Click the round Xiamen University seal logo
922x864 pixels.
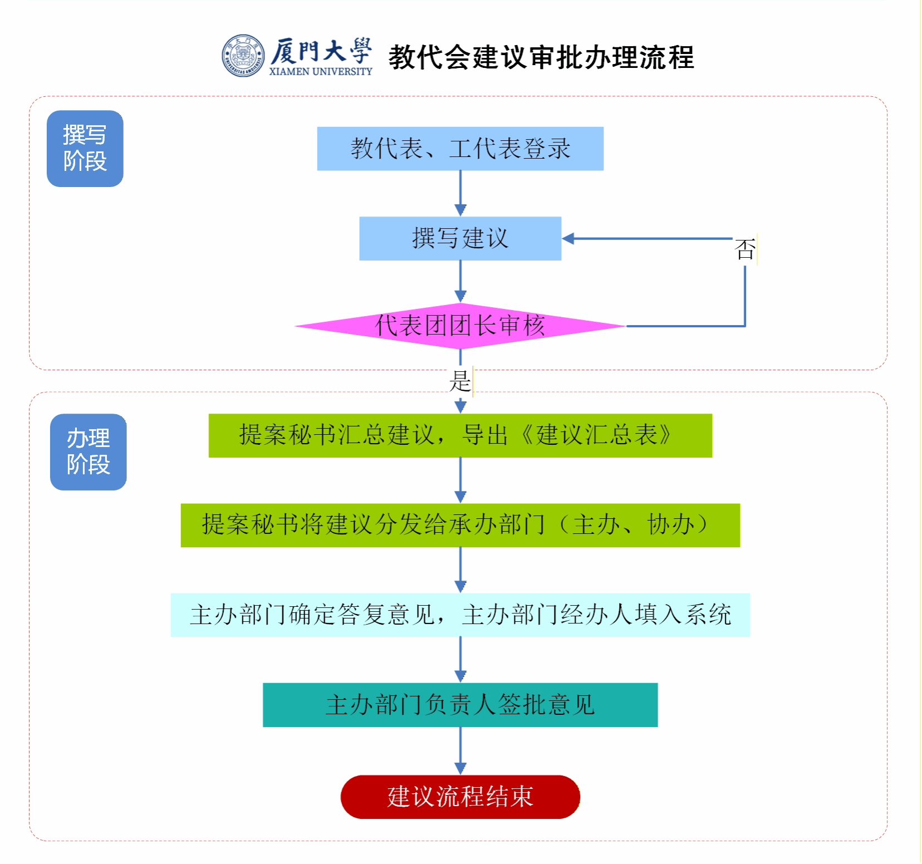243,56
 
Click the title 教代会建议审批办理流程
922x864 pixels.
541,57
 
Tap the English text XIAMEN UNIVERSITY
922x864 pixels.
321,71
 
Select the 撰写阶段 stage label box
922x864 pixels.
85,149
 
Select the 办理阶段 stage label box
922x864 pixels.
88,452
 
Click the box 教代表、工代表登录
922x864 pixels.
460,149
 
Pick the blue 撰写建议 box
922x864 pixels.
460,238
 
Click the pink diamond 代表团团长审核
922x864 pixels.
460,326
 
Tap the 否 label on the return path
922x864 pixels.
745,249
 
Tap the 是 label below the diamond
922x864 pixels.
460,382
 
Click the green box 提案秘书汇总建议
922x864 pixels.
460,435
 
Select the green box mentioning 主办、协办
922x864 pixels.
460,525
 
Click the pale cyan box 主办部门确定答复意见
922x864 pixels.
460,615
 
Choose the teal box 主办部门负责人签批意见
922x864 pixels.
460,705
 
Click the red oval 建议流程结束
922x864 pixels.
460,797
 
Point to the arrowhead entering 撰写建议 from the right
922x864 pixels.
568,239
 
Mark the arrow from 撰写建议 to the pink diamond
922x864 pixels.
460,282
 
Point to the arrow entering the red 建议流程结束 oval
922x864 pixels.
460,752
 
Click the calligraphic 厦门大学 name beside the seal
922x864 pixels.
321,51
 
